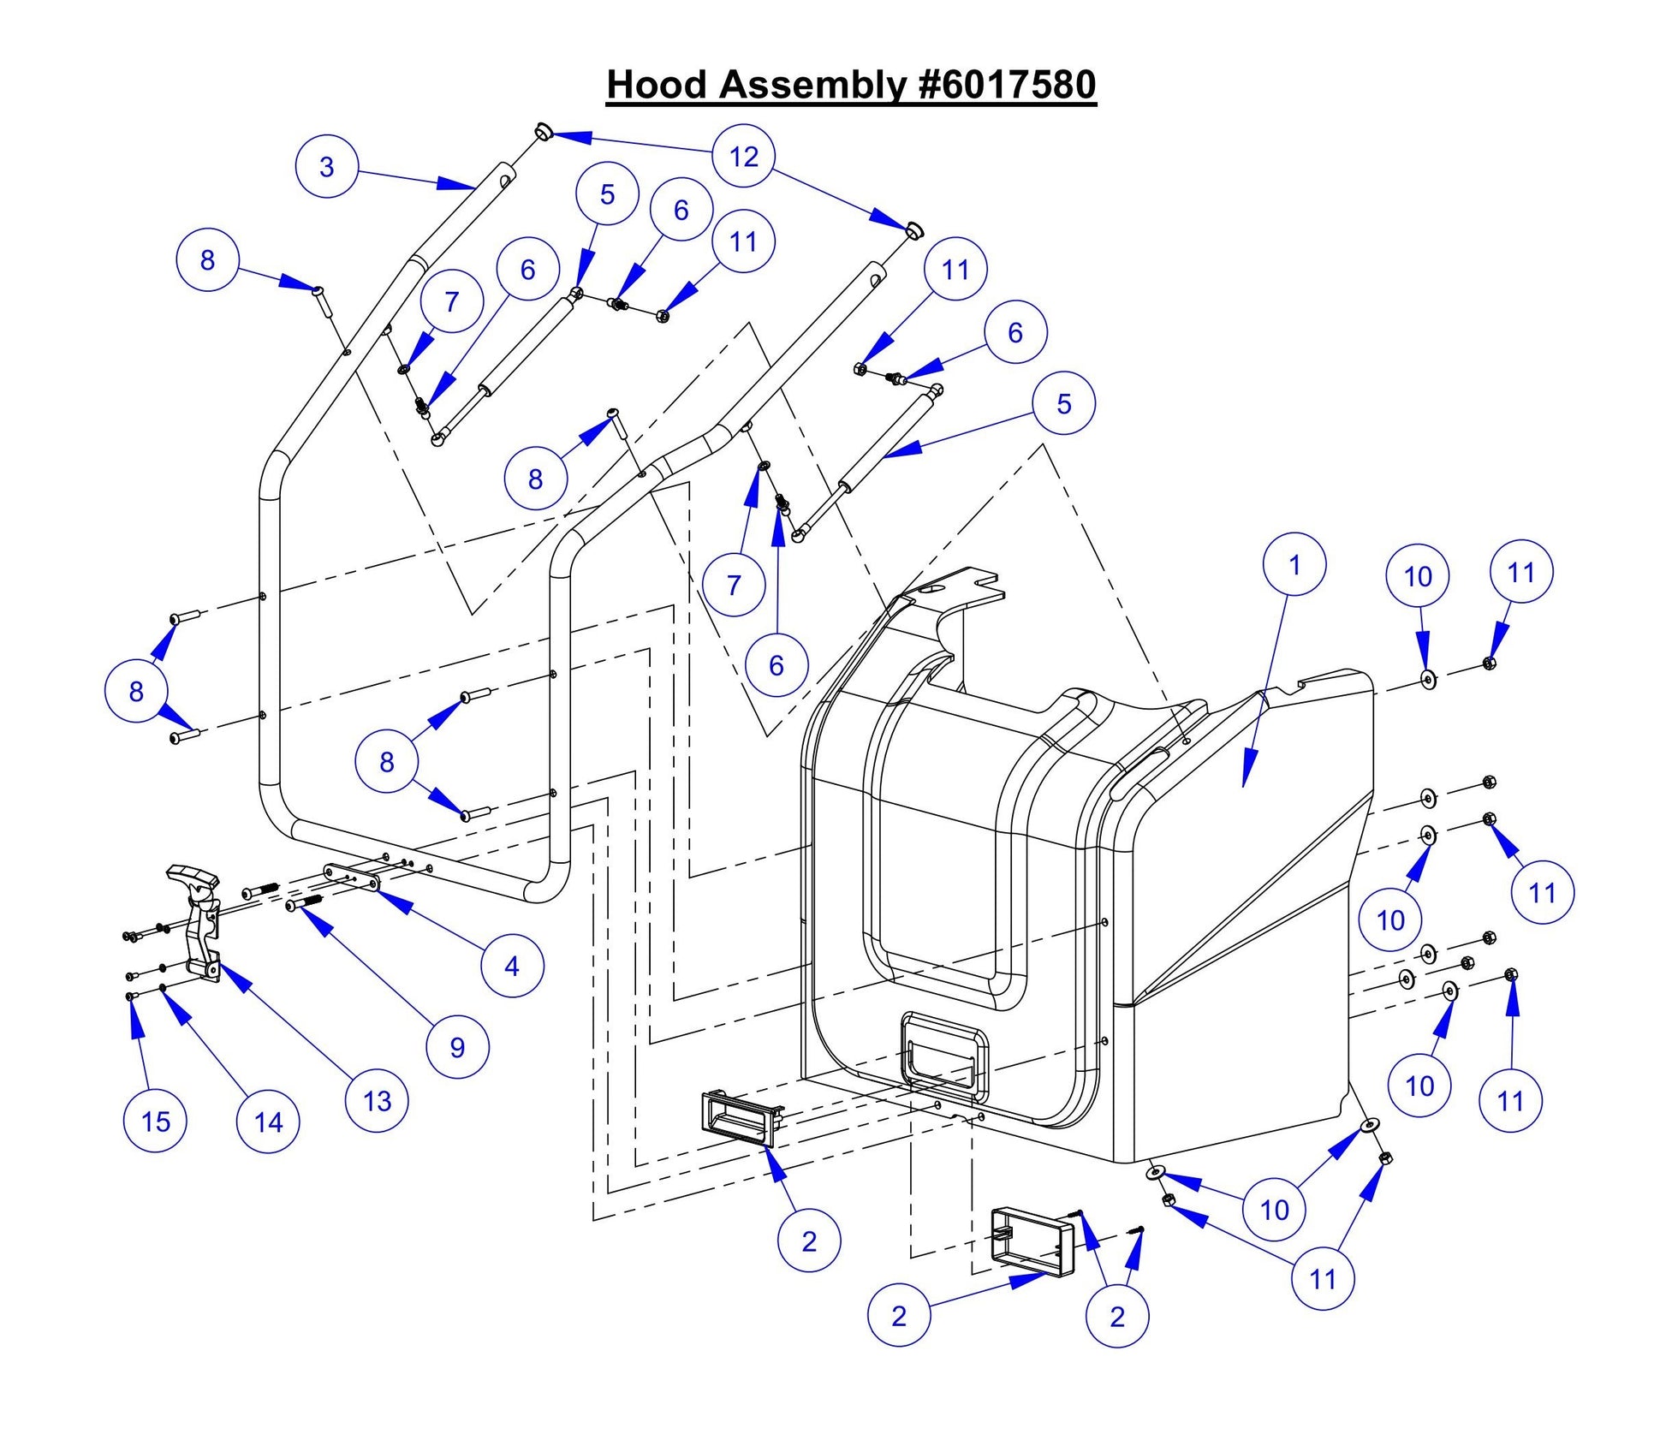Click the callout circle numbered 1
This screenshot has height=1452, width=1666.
pyautogui.click(x=1294, y=565)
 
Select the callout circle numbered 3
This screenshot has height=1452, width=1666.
pyautogui.click(x=326, y=166)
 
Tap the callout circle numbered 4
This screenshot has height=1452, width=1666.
pyautogui.click(x=512, y=966)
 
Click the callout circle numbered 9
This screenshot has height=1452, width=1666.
pyautogui.click(x=457, y=1046)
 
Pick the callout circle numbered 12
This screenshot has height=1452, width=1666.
pyautogui.click(x=743, y=156)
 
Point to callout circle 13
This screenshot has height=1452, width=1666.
pyautogui.click(x=377, y=1101)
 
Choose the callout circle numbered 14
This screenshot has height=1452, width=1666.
pyautogui.click(x=268, y=1122)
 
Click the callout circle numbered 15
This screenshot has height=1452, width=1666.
pyautogui.click(x=156, y=1122)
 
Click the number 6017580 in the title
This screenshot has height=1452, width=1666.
pyautogui.click(x=1007, y=85)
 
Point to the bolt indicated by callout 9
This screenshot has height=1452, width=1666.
pyautogui.click(x=303, y=903)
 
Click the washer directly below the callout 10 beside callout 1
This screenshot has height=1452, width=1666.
pyautogui.click(x=1429, y=679)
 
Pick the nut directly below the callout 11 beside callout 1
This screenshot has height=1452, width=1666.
pyautogui.click(x=1489, y=662)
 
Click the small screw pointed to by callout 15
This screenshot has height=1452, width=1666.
pyautogui.click(x=130, y=997)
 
